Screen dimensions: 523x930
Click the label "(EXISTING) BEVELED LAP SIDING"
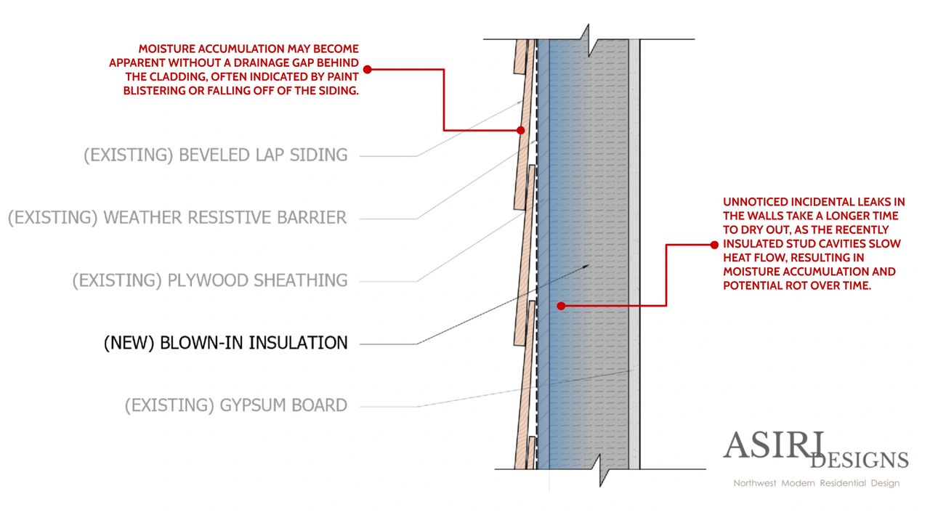pos(215,155)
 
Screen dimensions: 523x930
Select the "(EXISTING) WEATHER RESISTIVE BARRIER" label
pos(177,217)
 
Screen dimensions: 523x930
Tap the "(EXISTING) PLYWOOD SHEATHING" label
pos(210,280)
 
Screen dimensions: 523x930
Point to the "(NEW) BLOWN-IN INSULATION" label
pos(225,342)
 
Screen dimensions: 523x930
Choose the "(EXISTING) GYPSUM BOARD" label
pos(235,405)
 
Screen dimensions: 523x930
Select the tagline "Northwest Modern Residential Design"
pos(816,483)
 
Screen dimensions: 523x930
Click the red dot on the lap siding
pos(521,131)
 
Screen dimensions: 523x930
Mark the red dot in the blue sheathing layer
pos(560,306)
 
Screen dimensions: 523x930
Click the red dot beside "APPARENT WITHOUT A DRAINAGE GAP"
pos(367,69)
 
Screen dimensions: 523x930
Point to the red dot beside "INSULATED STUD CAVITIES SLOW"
pos(714,245)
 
